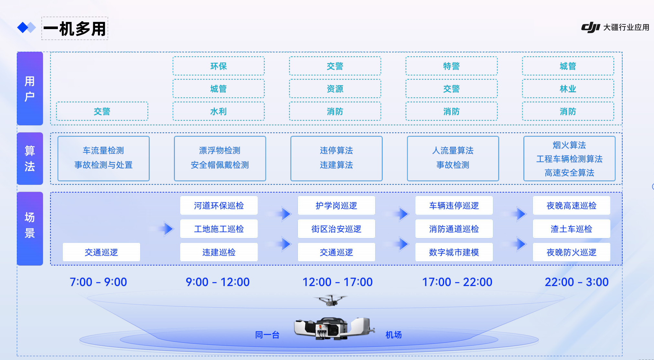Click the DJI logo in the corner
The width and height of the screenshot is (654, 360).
point(590,27)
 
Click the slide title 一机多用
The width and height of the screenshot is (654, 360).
point(75,29)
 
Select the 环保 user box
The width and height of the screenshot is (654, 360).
point(219,66)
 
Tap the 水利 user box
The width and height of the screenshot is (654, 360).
point(219,111)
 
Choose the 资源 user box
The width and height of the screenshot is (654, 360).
point(335,89)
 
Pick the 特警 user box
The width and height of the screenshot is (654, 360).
point(451,66)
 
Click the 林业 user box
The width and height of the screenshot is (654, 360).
point(568,89)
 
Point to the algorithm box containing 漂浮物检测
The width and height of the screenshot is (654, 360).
point(220,158)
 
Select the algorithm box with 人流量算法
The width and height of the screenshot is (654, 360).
point(453,158)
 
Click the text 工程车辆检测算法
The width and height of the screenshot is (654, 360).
point(569,159)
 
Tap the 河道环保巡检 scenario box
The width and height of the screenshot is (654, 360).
point(219,206)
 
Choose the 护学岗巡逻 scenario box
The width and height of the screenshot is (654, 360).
point(336,206)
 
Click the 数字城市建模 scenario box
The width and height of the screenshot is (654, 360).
point(454,252)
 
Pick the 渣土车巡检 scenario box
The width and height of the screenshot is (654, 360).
point(572,229)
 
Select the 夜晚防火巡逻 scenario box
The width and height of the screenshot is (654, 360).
point(572,252)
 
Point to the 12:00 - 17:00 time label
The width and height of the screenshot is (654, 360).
point(338,282)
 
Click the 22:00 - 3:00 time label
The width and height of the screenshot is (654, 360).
point(576,282)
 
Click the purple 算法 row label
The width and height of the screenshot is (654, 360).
point(30,158)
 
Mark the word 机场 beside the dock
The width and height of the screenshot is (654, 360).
point(393,335)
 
